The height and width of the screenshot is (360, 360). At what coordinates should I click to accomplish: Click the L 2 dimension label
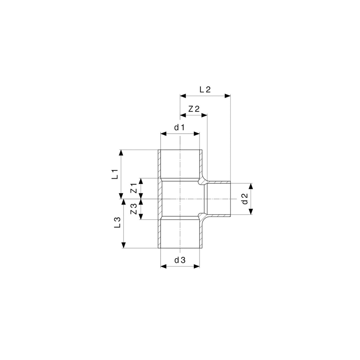[x=205, y=90]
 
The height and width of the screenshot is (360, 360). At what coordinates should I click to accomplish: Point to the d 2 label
[x=245, y=199]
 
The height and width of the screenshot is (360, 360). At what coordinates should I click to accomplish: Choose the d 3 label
[x=180, y=260]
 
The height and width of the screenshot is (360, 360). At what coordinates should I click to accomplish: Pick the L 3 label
[x=117, y=223]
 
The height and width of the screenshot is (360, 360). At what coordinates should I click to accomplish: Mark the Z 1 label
[x=134, y=188]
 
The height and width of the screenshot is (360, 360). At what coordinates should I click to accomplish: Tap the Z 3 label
[x=134, y=209]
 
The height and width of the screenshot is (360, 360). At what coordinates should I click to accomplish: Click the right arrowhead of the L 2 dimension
[x=228, y=95]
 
